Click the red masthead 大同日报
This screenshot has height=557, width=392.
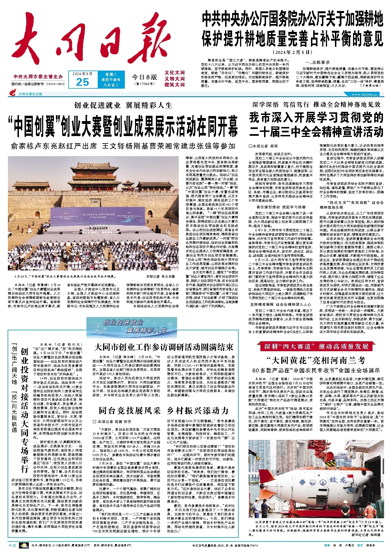(x=90, y=40)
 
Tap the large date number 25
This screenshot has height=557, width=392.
(x=82, y=82)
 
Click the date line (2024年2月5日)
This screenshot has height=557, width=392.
(x=292, y=53)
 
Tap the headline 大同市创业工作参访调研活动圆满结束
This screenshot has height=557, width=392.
(x=164, y=347)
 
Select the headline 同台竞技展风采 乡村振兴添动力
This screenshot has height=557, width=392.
(x=164, y=410)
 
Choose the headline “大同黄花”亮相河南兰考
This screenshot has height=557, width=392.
(x=316, y=360)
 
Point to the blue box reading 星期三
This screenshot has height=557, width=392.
(x=111, y=74)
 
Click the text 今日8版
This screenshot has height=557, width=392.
(x=144, y=77)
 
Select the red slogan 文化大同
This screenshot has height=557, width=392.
(x=175, y=73)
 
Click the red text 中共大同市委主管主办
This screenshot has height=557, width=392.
(x=38, y=77)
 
